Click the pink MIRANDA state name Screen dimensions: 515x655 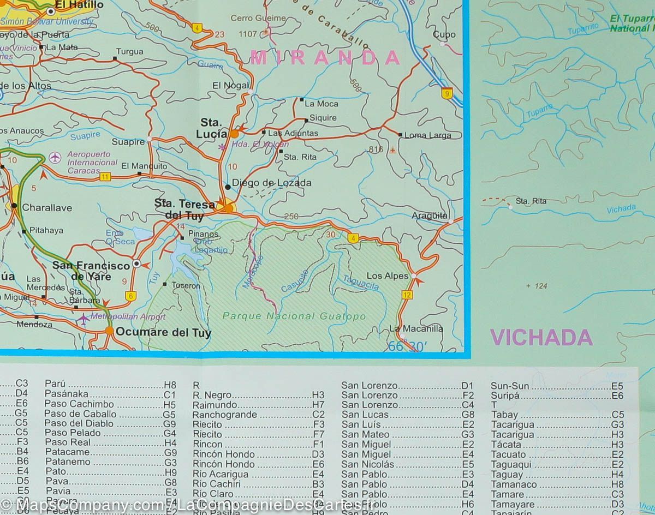tap(326, 57)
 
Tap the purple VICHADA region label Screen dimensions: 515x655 tap(541, 338)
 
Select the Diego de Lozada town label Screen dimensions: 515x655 tap(271, 183)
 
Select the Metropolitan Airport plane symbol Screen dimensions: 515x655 tap(82, 318)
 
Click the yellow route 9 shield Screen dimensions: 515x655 tap(448, 93)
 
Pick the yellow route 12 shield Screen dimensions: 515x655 tap(407, 295)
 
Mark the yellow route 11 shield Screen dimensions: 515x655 tap(105, 176)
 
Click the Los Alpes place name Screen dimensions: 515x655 tap(387, 276)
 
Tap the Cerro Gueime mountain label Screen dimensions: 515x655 tap(258, 18)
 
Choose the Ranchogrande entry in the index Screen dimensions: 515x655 tap(224, 415)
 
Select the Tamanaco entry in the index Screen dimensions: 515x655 tap(514, 484)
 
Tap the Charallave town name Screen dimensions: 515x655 tap(46, 208)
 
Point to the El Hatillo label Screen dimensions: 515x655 tap(82, 5)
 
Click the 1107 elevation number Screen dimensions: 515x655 tap(247, 34)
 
